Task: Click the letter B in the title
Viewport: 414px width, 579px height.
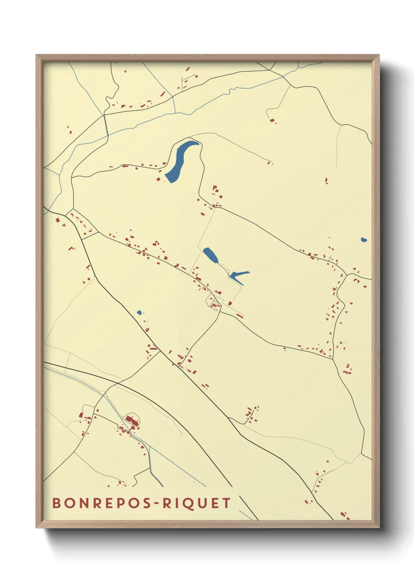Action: pos(56,503)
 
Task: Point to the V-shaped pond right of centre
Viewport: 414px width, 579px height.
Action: pos(237,276)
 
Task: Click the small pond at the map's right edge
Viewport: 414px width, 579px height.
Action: pos(364,239)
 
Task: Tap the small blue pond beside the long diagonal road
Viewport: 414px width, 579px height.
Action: pos(139,312)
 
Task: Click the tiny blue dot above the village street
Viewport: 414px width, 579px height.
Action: pos(131,230)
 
